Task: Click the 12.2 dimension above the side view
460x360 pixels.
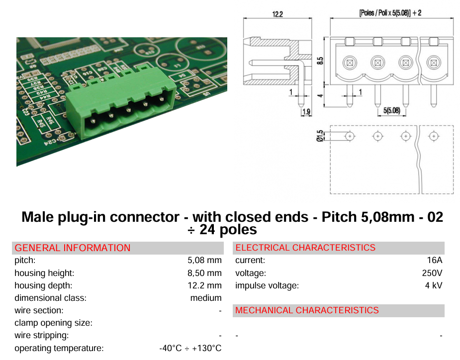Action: click(x=277, y=14)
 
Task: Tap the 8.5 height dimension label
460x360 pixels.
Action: click(x=320, y=61)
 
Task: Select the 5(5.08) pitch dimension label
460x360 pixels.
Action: click(x=392, y=110)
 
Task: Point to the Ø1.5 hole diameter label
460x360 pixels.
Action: click(x=320, y=136)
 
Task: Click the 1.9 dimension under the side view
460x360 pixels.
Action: click(x=306, y=112)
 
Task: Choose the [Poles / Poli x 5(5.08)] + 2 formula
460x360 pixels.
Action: click(x=390, y=13)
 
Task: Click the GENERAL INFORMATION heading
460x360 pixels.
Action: click(x=73, y=248)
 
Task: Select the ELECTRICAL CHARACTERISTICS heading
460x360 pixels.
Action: click(x=305, y=248)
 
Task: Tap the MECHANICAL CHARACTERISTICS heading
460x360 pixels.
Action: click(x=307, y=310)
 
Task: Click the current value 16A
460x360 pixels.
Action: click(x=435, y=260)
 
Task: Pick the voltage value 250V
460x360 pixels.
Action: click(x=432, y=273)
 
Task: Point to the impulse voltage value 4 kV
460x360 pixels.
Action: click(x=434, y=285)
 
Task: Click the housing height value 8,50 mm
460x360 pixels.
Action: click(x=204, y=273)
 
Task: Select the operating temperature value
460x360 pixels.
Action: click(x=190, y=348)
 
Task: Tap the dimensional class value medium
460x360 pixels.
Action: click(x=206, y=298)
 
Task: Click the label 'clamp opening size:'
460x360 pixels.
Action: click(x=53, y=323)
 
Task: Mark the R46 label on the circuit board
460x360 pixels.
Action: click(x=50, y=120)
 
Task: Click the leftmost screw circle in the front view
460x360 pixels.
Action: click(x=350, y=63)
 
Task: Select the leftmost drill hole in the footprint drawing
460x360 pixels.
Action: click(x=350, y=136)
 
